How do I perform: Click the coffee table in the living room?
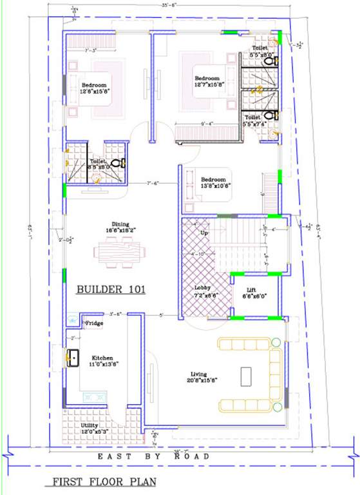(246, 375)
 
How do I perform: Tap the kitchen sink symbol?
(72, 356)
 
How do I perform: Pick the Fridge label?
(94, 323)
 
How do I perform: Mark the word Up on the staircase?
(205, 232)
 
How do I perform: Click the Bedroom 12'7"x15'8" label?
(209, 81)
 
